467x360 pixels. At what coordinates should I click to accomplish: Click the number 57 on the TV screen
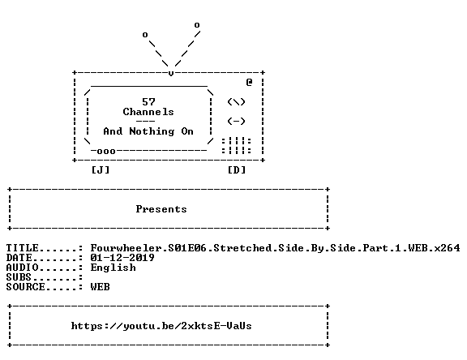click(x=148, y=102)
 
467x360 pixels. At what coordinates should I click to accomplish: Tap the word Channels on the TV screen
click(x=148, y=112)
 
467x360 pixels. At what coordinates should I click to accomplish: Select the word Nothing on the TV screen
click(x=152, y=131)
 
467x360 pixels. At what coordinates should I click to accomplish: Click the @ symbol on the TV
click(x=249, y=82)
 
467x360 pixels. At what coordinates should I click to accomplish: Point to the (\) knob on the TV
click(x=236, y=102)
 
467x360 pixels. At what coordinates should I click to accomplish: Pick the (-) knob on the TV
click(x=236, y=122)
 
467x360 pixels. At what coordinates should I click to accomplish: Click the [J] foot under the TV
click(x=101, y=170)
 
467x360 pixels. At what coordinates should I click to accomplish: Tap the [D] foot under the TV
click(x=237, y=170)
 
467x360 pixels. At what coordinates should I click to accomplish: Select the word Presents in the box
click(x=161, y=209)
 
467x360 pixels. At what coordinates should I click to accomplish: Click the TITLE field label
click(x=23, y=248)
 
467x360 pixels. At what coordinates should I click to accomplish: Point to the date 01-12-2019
click(x=122, y=258)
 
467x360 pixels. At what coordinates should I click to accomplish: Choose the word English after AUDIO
click(x=114, y=268)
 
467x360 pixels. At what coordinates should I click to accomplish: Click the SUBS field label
click(x=19, y=277)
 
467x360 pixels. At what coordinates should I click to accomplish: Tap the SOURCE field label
click(x=25, y=287)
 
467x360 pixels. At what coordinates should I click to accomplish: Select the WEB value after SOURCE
click(x=100, y=287)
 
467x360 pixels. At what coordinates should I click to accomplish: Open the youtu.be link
click(x=161, y=326)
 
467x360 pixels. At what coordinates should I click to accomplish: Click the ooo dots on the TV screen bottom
click(x=106, y=152)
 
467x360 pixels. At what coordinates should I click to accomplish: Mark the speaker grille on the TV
click(x=237, y=146)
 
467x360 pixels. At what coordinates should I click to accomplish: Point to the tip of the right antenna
click(x=197, y=25)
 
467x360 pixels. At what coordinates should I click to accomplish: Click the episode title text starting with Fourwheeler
click(x=275, y=248)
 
